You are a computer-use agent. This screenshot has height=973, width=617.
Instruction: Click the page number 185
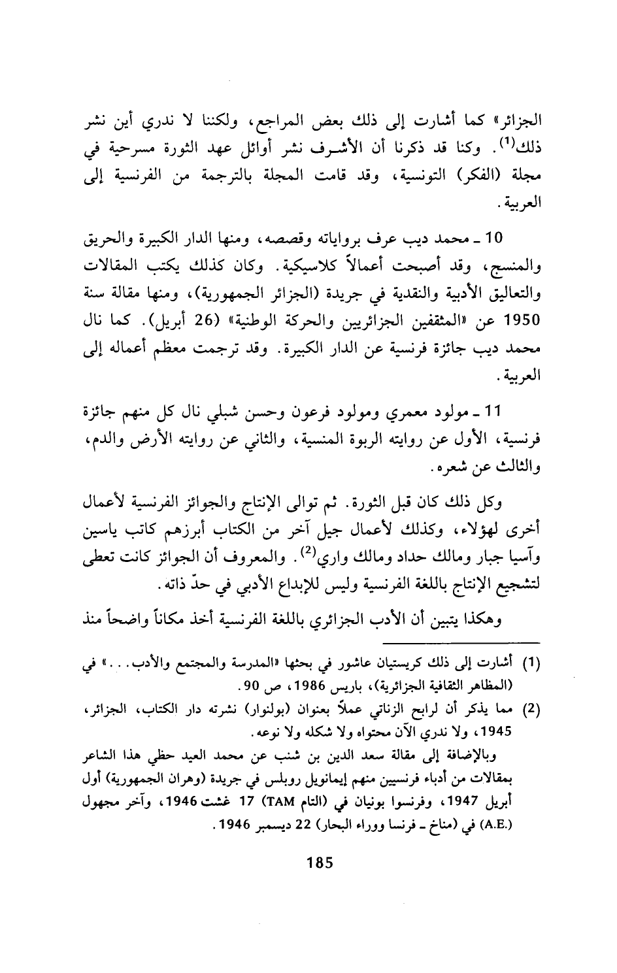tap(320, 862)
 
